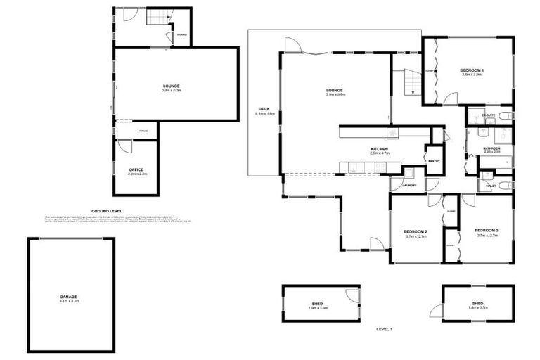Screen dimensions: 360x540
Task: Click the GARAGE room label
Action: [68, 297]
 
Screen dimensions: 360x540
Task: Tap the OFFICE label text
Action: [136, 169]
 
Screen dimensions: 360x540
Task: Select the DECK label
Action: [264, 109]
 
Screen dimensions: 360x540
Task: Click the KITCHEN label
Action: [380, 150]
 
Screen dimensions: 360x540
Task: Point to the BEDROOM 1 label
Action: [472, 70]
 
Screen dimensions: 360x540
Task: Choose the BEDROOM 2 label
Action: [416, 232]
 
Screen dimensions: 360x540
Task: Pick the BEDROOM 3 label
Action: [486, 231]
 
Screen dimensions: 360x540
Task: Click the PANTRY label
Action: [434, 161]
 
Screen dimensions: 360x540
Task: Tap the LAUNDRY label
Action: [410, 185]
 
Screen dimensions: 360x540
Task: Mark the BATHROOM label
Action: [491, 148]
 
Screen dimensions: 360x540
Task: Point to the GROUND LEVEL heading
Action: [107, 210]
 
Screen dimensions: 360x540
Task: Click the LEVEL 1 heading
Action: [384, 329]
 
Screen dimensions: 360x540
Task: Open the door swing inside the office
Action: [124, 146]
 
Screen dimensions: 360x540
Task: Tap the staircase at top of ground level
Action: [157, 17]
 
